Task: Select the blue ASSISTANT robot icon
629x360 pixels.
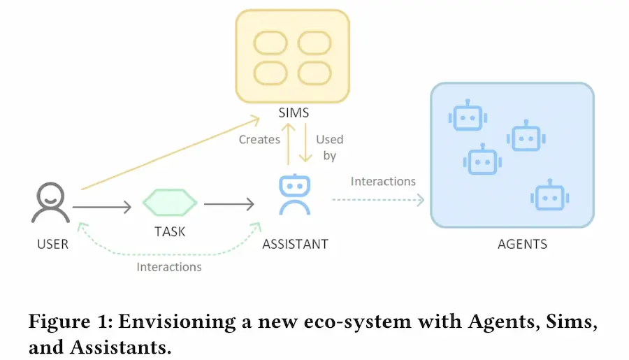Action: click(294, 195)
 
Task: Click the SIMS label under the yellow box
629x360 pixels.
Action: click(293, 113)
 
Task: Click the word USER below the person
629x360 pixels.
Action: click(52, 244)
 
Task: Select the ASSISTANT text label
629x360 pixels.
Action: click(294, 244)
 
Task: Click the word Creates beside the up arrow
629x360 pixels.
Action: click(259, 140)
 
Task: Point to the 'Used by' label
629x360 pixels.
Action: click(330, 147)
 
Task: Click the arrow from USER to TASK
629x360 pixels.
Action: click(101, 206)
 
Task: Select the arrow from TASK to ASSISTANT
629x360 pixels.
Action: click(229, 205)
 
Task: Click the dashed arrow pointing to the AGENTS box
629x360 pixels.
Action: click(377, 201)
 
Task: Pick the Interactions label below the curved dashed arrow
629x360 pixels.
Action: click(169, 267)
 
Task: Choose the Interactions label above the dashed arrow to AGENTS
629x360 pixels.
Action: click(383, 182)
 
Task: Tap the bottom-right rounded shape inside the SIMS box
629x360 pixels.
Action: click(316, 73)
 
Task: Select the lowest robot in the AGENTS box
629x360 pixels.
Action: click(547, 196)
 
